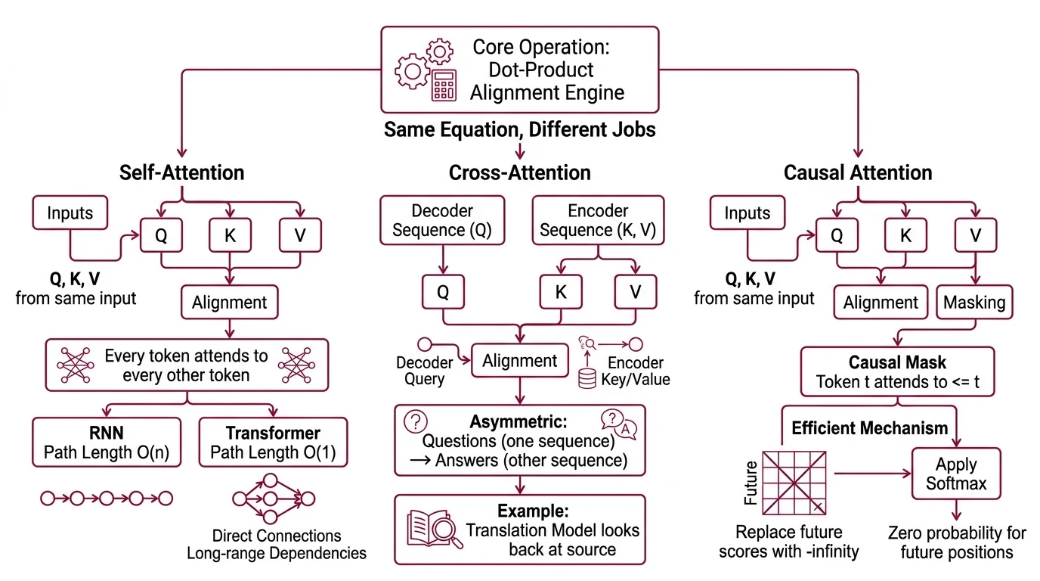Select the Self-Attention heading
[181, 172]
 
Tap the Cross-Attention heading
[520, 172]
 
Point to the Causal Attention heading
[858, 172]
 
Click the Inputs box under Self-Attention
[70, 213]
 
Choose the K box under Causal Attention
[905, 235]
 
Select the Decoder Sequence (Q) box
[442, 221]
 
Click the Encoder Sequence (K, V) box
[598, 221]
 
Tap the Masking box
[974, 303]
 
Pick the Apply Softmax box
[956, 474]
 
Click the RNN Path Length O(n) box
[107, 443]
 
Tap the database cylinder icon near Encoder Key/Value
[587, 378]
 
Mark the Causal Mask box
[896, 372]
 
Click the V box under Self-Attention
[300, 235]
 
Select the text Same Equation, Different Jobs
[519, 129]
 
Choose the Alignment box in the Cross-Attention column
[519, 361]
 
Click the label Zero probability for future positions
[956, 542]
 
